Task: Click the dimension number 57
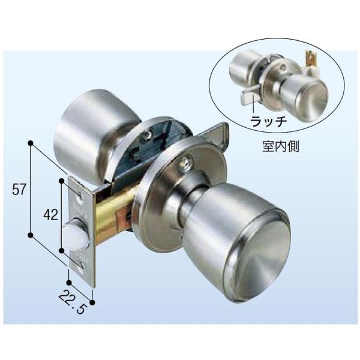[20, 190]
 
